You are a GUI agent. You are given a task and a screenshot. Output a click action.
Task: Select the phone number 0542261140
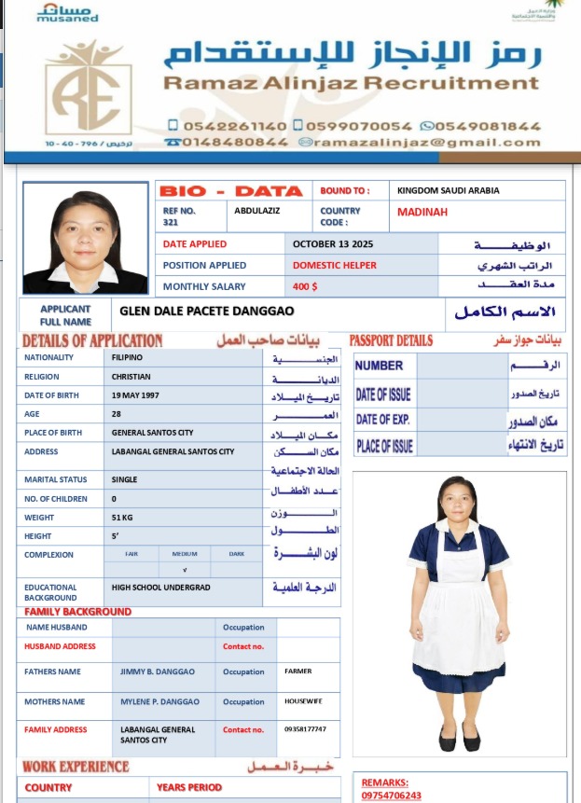(x=227, y=126)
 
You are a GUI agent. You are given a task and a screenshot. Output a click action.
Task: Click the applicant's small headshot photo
(x=85, y=237)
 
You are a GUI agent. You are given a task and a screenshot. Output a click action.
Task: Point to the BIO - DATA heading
(x=230, y=191)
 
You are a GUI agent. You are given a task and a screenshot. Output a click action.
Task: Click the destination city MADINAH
(x=422, y=213)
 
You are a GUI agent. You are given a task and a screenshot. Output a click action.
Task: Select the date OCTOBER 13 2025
(x=333, y=244)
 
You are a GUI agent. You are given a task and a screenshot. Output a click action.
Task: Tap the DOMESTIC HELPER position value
(x=335, y=266)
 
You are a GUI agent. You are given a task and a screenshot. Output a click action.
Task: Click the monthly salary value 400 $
(x=306, y=287)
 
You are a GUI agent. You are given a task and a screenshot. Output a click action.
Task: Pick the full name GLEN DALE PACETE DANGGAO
(x=207, y=311)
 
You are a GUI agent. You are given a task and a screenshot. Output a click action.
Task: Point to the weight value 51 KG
(x=122, y=518)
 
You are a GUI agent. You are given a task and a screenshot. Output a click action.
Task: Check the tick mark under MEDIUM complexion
(x=185, y=569)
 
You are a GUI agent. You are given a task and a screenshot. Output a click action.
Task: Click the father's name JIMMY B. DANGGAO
(x=158, y=671)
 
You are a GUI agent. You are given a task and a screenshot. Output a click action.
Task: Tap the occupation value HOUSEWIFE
(x=303, y=701)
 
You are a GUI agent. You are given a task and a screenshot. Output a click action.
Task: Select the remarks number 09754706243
(x=391, y=796)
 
